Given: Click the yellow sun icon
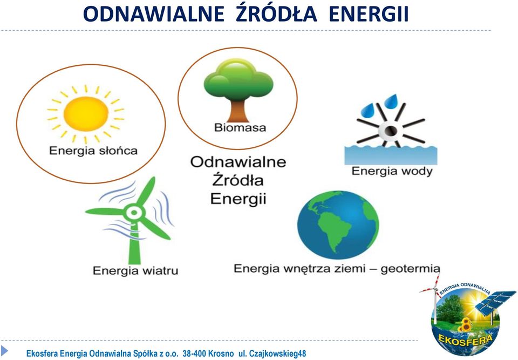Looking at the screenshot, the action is pos(86,114).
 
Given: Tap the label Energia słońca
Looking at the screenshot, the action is pos(93,151).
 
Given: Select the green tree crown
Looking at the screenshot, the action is pos(238,80).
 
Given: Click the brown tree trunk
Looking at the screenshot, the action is pos(238,111).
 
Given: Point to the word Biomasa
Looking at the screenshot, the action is pos(240,127).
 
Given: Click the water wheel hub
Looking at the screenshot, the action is pos(390,131).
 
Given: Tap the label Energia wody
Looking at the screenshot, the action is pos(392,171).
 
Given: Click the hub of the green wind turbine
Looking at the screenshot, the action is pos(134,213).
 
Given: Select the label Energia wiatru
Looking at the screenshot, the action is pos(135,270).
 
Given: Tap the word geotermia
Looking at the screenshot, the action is pos(410,268).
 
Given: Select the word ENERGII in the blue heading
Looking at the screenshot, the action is pos(369,14).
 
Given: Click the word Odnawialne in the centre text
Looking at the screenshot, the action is pos(238,162).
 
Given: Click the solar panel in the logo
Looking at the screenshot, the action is pos(495,302).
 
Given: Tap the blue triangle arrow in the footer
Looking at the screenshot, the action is pos(4,350).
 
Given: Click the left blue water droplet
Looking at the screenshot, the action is pos(367,111).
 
